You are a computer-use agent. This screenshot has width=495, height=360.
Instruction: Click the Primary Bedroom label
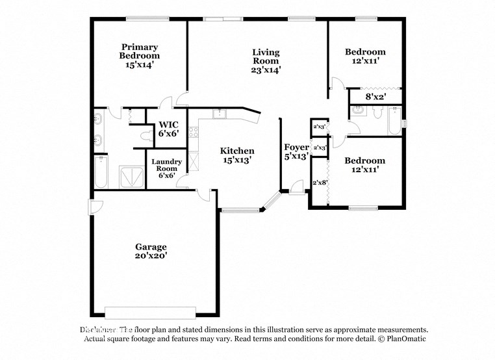pos(140,47)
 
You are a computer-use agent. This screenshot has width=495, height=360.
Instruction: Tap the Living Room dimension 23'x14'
pos(266,70)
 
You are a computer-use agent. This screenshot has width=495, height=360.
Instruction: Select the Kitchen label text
pos(236,151)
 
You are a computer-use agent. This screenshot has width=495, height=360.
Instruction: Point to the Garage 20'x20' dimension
pos(151,256)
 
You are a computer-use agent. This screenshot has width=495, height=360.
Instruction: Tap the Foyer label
pos(296,148)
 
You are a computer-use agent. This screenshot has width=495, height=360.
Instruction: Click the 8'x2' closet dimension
pos(375,97)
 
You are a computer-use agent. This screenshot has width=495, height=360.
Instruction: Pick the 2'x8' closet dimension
pos(320,183)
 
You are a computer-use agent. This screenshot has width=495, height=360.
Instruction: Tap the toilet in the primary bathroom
pos(146,136)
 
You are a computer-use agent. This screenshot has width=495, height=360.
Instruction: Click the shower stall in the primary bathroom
pos(133,176)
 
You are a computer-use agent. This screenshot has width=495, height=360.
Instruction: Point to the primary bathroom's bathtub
pos(101,172)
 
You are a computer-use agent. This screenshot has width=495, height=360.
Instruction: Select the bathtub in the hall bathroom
pos(394,120)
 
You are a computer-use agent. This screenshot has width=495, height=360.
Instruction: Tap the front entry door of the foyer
pos(297,189)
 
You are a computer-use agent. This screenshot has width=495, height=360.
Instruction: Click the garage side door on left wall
pos(95,207)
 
